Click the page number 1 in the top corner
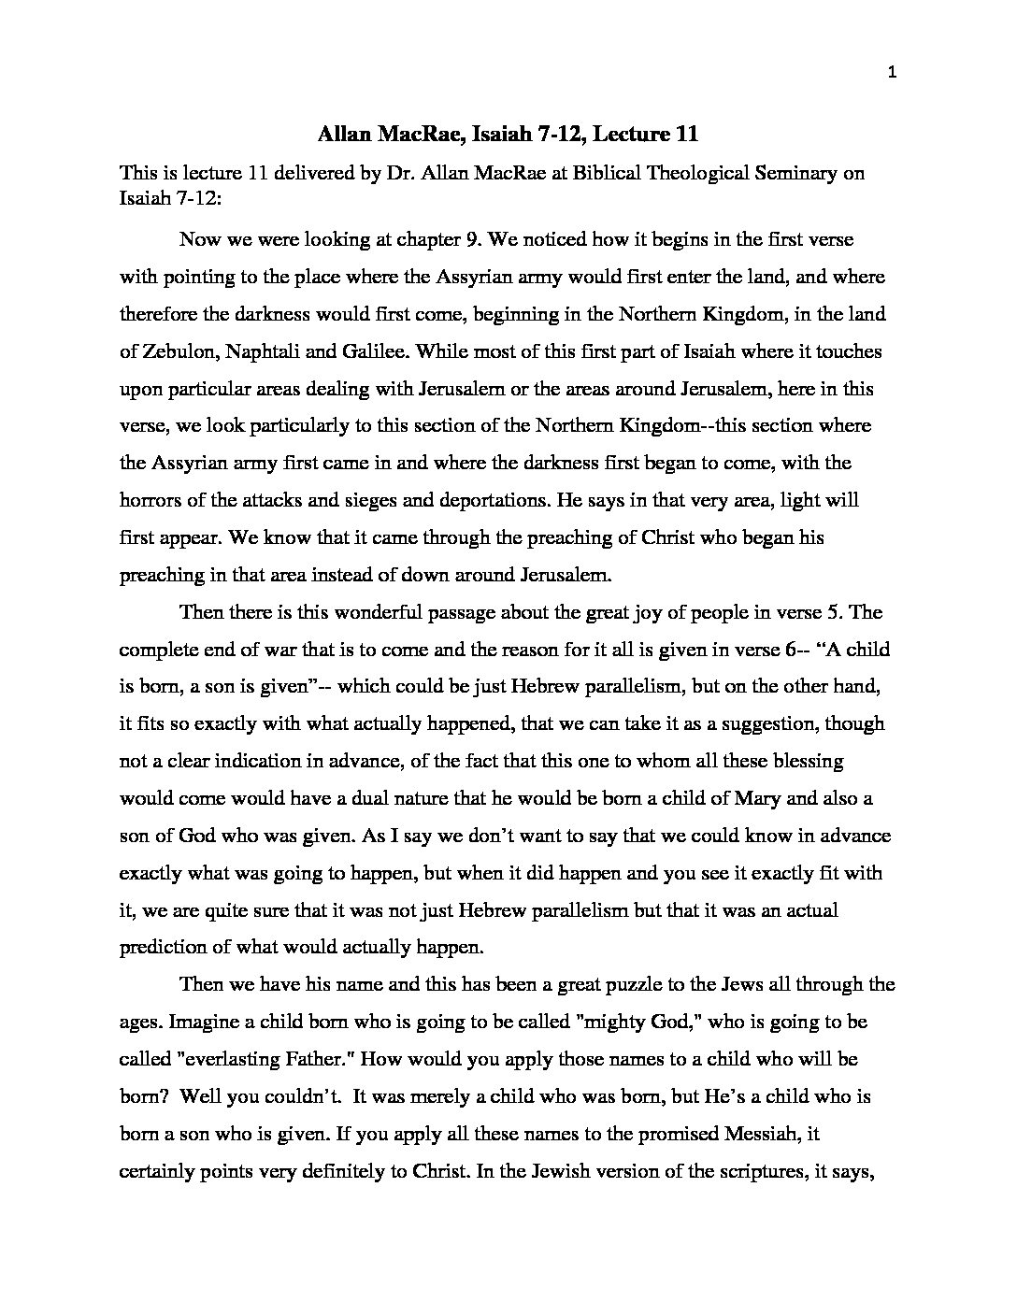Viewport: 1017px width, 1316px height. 893,76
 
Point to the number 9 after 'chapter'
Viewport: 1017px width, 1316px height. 474,239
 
